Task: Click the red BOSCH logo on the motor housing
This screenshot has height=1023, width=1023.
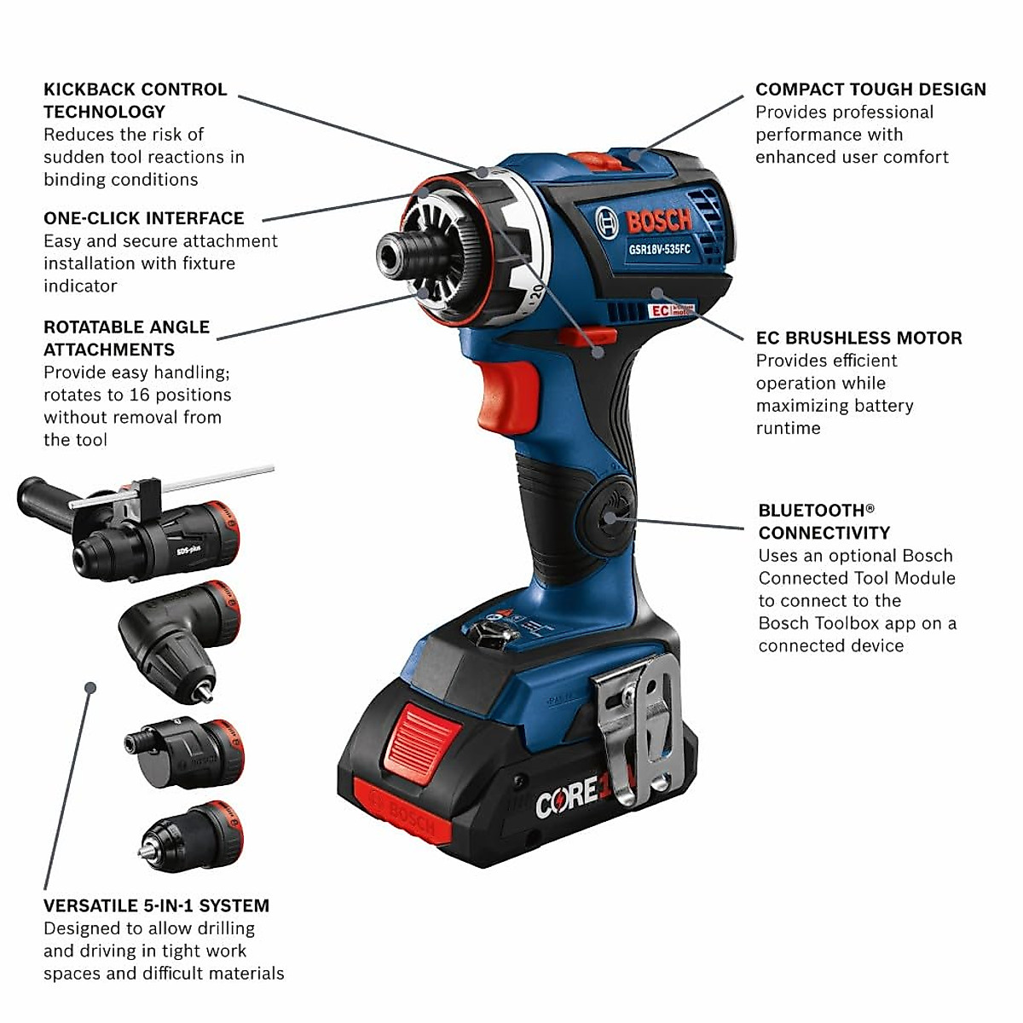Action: [658, 222]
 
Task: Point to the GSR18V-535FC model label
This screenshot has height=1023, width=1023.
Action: [659, 249]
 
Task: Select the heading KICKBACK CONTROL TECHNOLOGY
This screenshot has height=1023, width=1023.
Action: [135, 101]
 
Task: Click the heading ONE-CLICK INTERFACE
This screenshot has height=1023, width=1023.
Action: [144, 218]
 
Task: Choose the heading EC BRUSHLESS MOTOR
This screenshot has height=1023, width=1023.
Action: [859, 338]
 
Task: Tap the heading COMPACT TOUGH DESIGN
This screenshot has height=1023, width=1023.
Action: [870, 90]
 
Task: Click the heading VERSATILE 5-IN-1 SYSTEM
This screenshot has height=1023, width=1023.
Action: [156, 905]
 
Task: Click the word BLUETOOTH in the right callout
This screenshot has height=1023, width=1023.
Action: [811, 511]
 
